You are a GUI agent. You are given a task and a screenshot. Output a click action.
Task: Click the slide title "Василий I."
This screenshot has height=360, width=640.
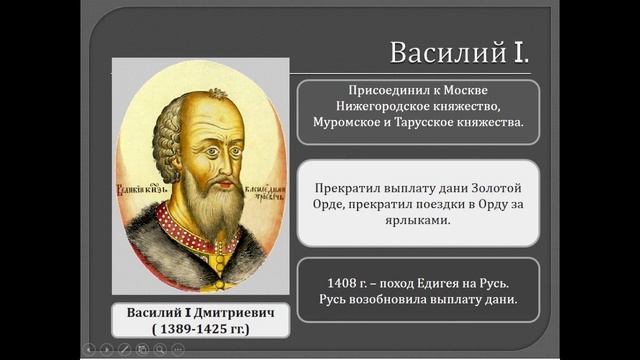pos(457,52)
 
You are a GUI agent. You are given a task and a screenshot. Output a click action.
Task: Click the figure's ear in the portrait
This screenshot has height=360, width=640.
pos(166,155)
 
